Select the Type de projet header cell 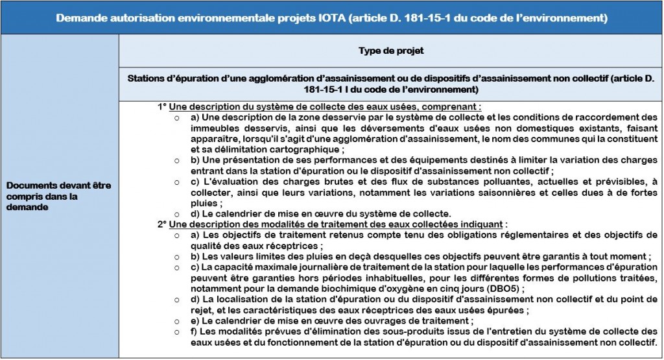tap(390, 50)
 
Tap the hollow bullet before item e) tap(178, 320)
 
